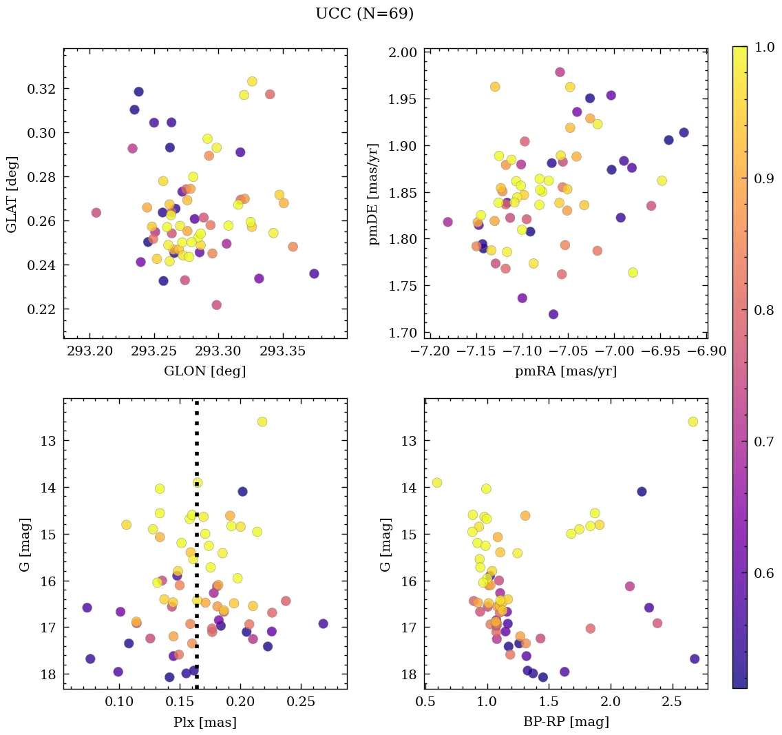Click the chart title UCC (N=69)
tap(364, 14)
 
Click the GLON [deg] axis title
tap(204, 371)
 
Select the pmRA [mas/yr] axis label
tap(565, 371)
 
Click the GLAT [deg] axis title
tap(13, 194)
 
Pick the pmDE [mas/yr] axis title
tap(374, 194)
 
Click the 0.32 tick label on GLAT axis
tap(41, 89)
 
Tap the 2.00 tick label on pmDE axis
tap(401, 52)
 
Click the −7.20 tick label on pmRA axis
tap(429, 351)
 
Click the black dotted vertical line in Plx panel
tap(197, 551)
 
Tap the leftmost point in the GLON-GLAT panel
tap(96, 213)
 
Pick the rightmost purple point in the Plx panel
tap(323, 623)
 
